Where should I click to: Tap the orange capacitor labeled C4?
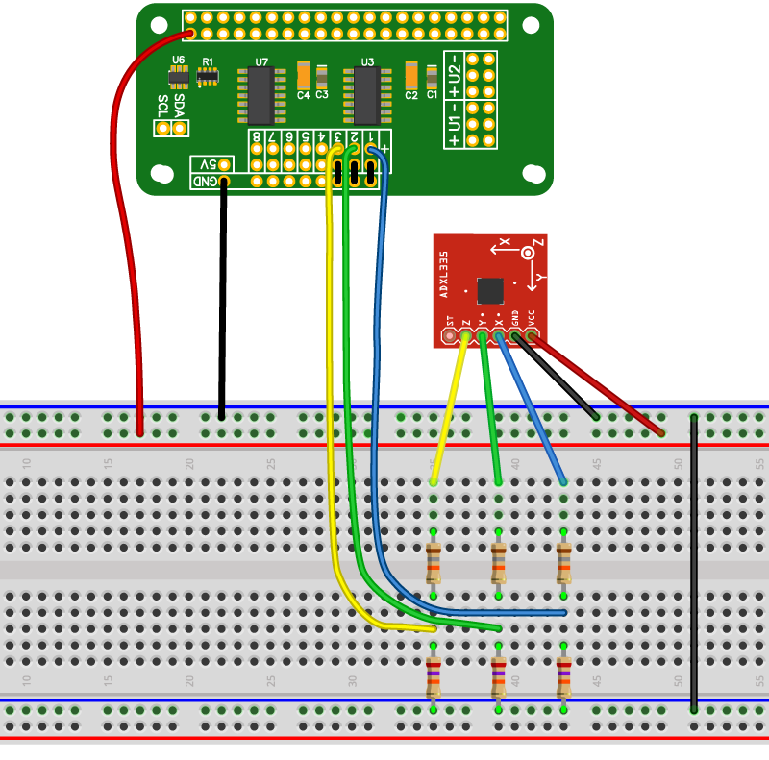pyautogui.click(x=303, y=75)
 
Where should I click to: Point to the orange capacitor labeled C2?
pyautogui.click(x=410, y=75)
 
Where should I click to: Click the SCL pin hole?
pyautogui.click(x=163, y=128)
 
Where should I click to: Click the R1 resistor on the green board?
pyautogui.click(x=207, y=76)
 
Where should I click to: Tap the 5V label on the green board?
pyautogui.click(x=206, y=164)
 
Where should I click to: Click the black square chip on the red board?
pyautogui.click(x=490, y=289)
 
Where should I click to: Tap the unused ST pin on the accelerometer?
pyautogui.click(x=449, y=336)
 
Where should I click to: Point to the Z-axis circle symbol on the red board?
pyautogui.click(x=527, y=253)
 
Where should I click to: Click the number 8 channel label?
pyautogui.click(x=257, y=137)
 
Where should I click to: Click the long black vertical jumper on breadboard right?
pyautogui.click(x=693, y=562)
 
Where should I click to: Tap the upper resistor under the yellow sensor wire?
pyautogui.click(x=434, y=563)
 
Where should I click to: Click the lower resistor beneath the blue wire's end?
pyautogui.click(x=564, y=676)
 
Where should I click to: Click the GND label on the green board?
pyautogui.click(x=206, y=181)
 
